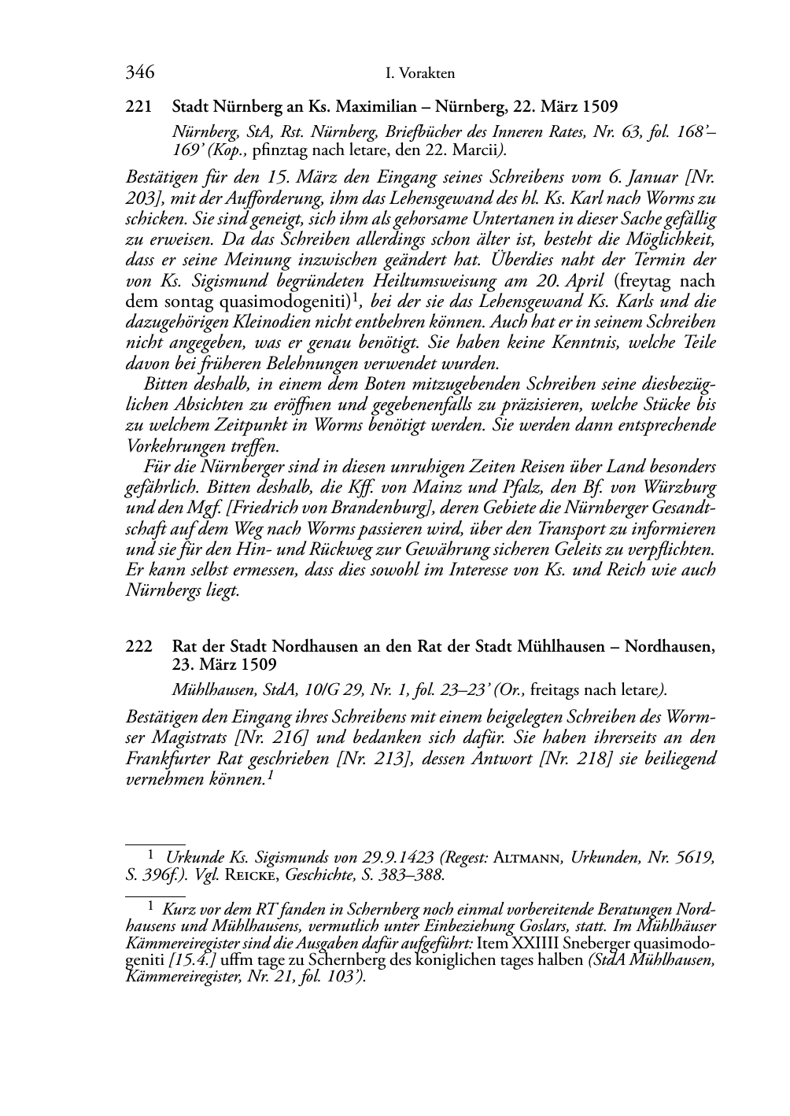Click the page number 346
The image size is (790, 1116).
click(x=139, y=73)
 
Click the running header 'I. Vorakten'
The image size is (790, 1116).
click(x=421, y=74)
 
